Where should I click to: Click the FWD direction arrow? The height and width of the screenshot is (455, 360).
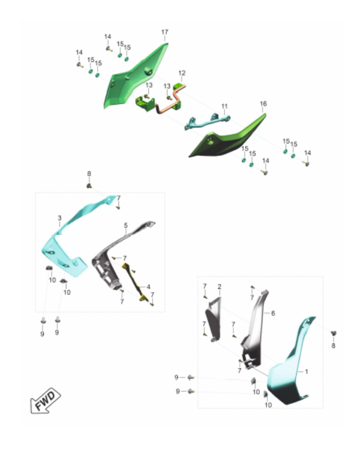45,401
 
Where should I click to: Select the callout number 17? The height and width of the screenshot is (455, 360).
165,32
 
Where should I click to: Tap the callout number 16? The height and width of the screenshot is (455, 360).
263,103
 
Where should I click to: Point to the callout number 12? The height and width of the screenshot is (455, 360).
182,73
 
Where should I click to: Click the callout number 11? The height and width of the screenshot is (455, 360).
224,106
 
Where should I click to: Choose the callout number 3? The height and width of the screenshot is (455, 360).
59,218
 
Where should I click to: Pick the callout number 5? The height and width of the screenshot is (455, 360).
125,225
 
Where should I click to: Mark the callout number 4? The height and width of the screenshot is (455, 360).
148,287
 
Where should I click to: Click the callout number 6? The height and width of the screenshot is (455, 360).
273,313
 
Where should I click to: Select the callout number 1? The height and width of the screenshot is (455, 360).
306,372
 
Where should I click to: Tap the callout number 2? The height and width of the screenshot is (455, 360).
219,287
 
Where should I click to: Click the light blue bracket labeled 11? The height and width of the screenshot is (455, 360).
207,122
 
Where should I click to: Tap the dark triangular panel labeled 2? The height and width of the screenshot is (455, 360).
214,319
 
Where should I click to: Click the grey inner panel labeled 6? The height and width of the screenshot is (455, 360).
255,328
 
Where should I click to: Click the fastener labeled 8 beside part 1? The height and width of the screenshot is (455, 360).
334,333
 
